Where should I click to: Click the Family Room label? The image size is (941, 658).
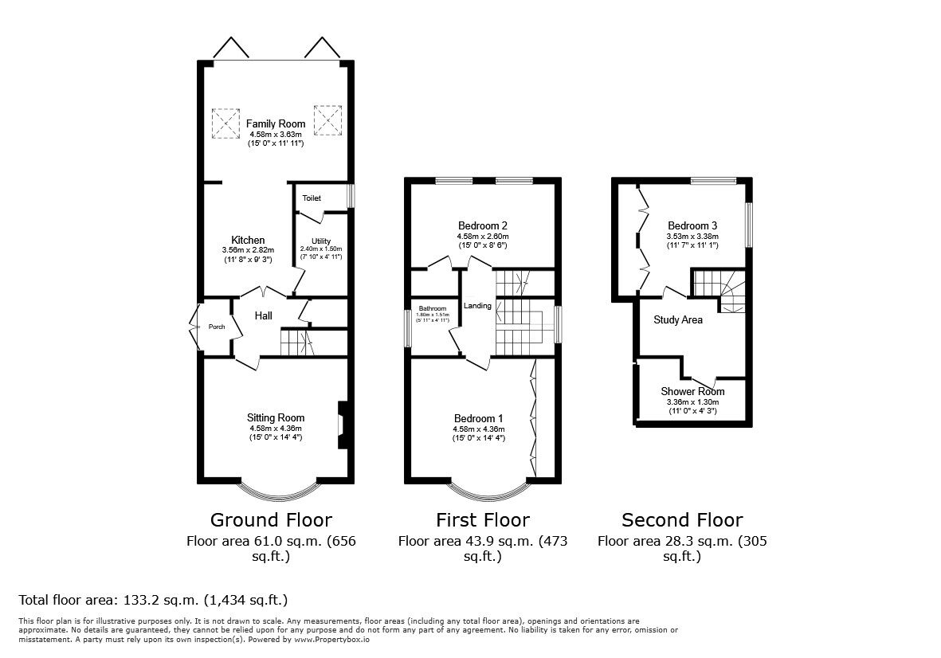tap(275, 123)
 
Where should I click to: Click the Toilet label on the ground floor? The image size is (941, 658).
tap(312, 198)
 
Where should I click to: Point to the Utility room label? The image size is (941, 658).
tap(321, 241)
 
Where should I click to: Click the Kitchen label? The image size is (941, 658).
tap(248, 240)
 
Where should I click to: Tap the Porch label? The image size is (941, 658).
tap(217, 327)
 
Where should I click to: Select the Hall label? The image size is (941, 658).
tap(263, 316)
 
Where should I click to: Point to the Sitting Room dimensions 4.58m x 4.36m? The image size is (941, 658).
tap(275, 429)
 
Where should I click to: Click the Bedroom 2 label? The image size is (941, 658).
tap(483, 225)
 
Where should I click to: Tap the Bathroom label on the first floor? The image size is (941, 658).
tap(433, 308)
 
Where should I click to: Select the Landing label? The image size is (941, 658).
tap(478, 305)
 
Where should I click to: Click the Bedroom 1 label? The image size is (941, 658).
tap(479, 419)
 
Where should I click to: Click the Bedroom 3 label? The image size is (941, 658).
tap(692, 225)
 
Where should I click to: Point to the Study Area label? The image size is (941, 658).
tap(678, 320)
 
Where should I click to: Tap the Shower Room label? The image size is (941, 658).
tap(692, 391)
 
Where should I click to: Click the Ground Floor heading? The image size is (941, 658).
tap(271, 520)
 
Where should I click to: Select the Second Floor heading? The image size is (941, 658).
tap(682, 520)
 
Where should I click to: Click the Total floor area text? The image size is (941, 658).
tap(152, 600)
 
